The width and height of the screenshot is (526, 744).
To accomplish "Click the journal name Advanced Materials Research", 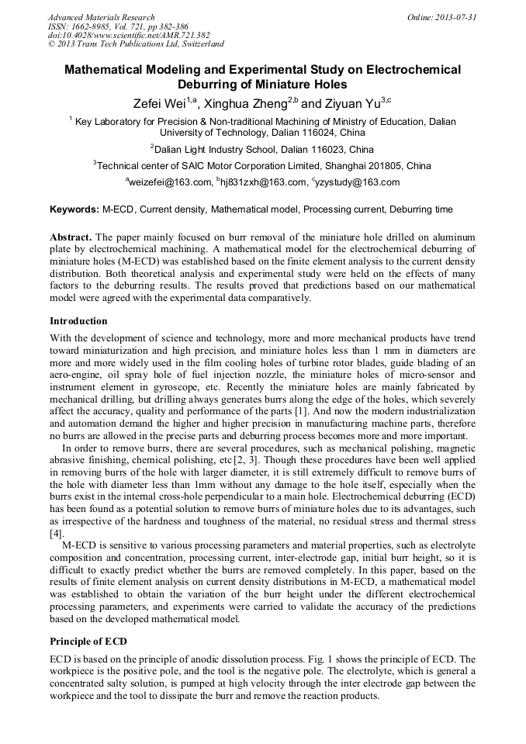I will [x=101, y=17].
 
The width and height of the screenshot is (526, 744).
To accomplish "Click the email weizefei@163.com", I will [x=168, y=182].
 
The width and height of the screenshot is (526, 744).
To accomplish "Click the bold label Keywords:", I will [x=74, y=209].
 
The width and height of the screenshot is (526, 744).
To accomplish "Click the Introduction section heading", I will [x=78, y=321].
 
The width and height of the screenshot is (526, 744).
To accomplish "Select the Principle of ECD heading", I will [x=88, y=642].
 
